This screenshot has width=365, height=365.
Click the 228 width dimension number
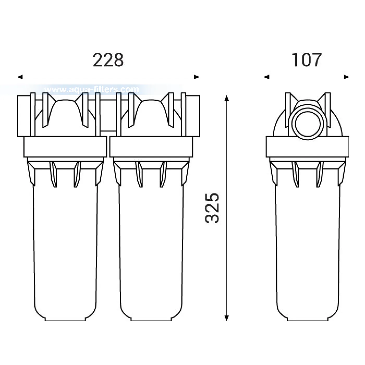(x=108, y=60)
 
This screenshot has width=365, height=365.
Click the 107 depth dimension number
(x=307, y=60)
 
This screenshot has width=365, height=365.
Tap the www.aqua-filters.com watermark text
(x=92, y=89)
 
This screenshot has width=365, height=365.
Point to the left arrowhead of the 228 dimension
(x=20, y=77)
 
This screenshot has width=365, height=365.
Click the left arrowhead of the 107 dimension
(x=266, y=77)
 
